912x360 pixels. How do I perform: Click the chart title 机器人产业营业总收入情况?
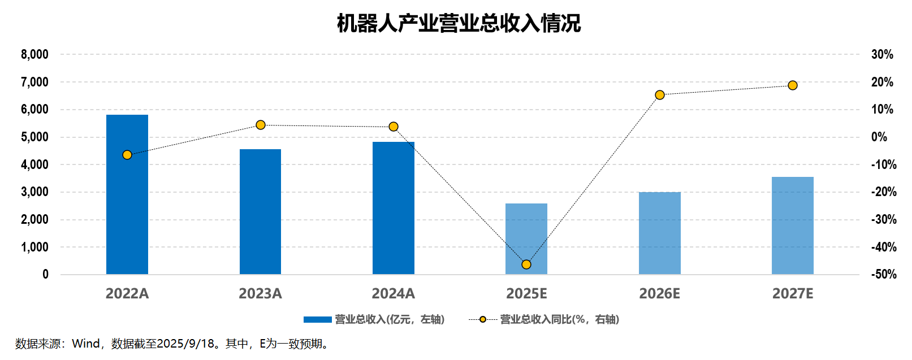(459, 23)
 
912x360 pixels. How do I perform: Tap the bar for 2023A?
(260, 212)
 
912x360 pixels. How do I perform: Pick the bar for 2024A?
(394, 208)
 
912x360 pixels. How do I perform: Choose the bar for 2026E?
(659, 233)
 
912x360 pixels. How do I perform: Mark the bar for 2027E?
(793, 225)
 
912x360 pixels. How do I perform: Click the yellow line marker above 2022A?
(127, 155)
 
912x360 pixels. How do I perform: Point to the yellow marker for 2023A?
(261, 125)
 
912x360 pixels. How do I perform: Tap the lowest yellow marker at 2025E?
(526, 264)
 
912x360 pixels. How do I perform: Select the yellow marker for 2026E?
(660, 95)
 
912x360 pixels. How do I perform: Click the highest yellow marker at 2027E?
(793, 85)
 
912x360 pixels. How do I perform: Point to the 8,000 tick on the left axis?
(35, 55)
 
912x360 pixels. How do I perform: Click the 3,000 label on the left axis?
(35, 192)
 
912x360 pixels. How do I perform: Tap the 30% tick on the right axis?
(882, 55)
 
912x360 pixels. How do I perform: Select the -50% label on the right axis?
(884, 275)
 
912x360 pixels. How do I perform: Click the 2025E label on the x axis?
(526, 294)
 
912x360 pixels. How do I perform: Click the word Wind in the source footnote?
(86, 344)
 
